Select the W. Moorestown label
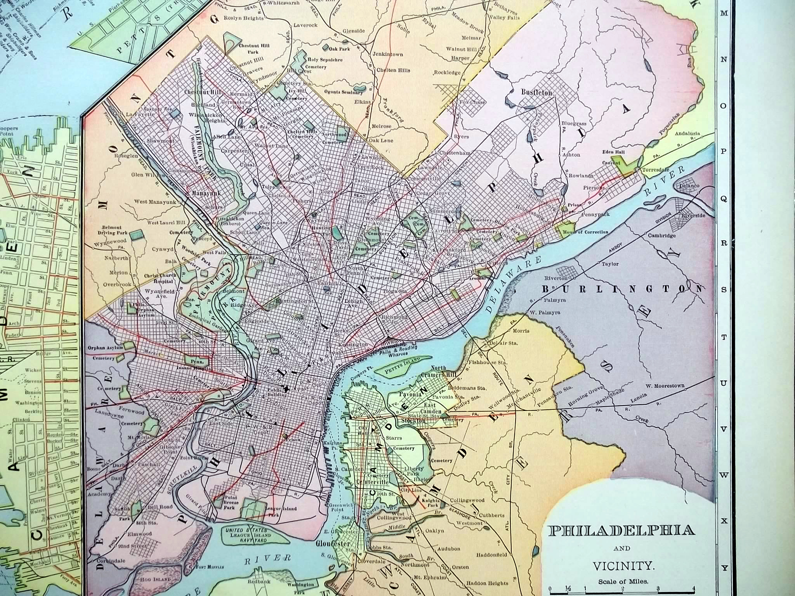tap(665, 386)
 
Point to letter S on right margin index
tap(723, 290)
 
